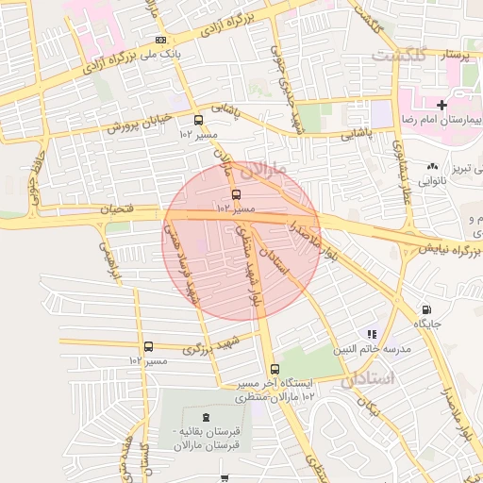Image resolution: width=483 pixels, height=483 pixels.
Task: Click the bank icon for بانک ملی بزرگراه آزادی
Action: pos(161,40)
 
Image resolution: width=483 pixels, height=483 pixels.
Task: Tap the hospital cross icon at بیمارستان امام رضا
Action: pos(441,103)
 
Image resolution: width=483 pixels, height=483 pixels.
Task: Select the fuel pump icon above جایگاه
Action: pos(426,308)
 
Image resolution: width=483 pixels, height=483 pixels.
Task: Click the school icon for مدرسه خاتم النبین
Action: pos(373,333)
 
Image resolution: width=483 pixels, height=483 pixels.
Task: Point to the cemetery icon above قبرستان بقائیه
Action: pos(207,417)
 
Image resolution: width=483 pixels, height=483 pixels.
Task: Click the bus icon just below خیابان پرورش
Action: pos(198,121)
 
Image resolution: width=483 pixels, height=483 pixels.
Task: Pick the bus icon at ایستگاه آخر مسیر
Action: pos(275,369)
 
